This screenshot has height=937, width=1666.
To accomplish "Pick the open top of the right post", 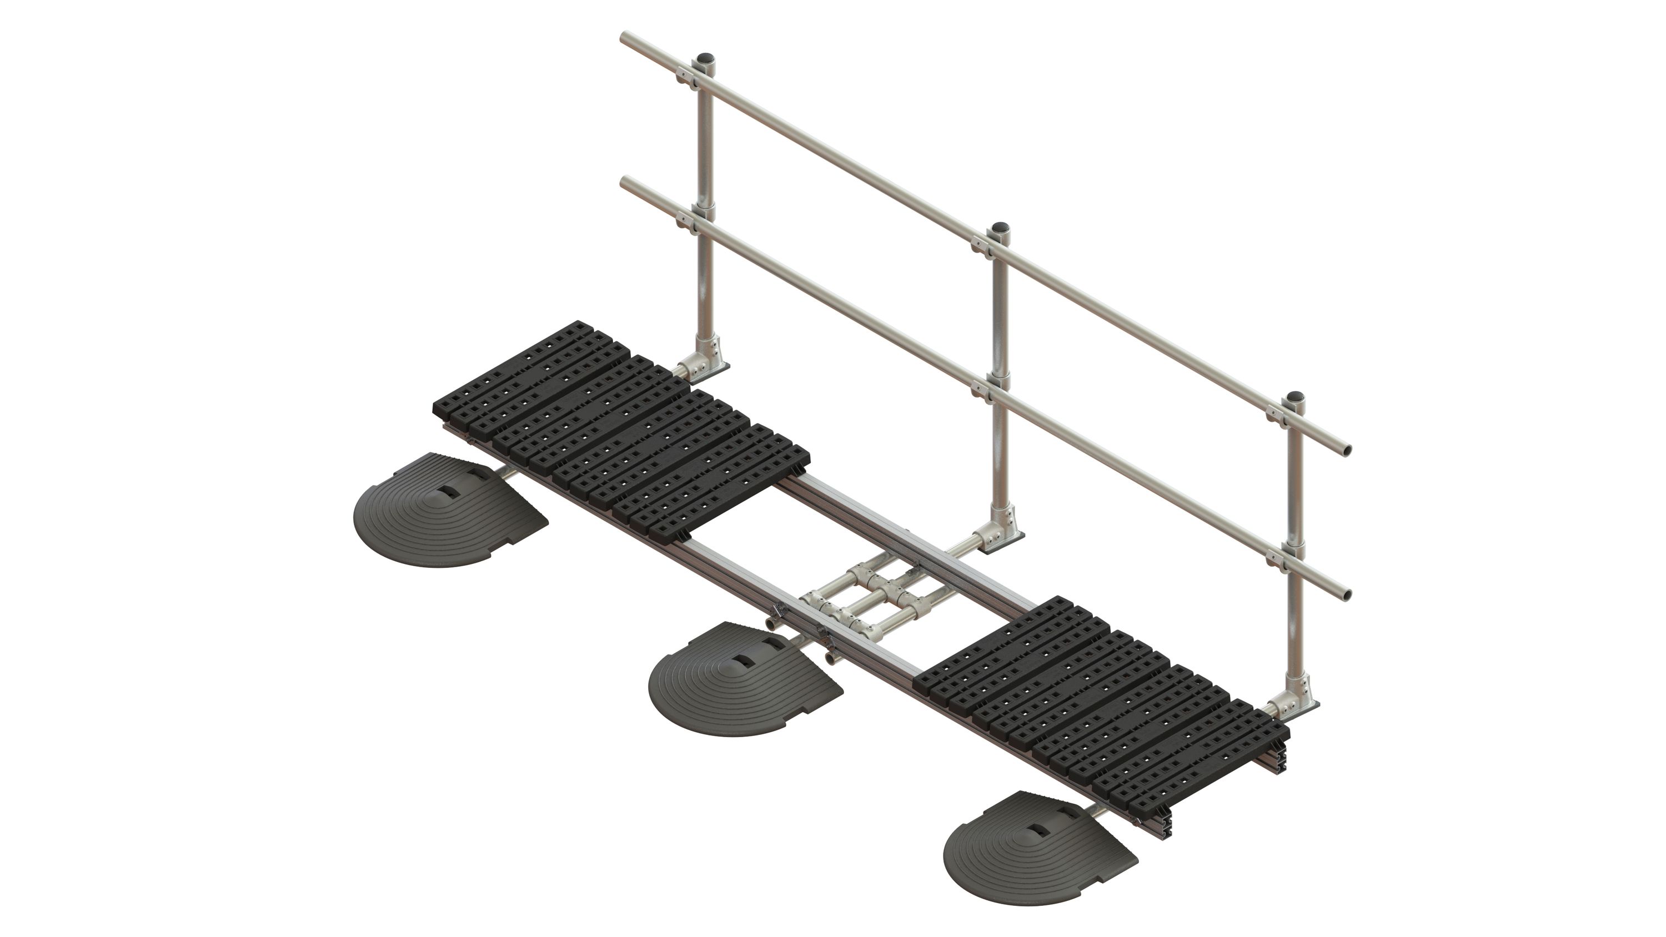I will pyautogui.click(x=1296, y=396).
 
